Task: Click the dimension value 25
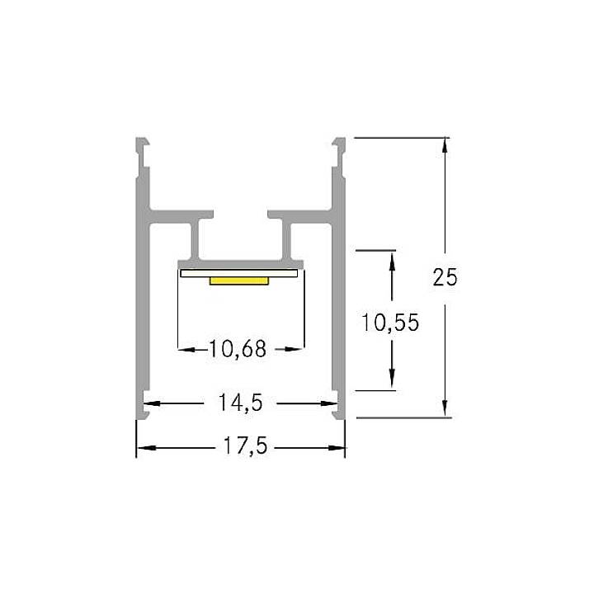point(445,277)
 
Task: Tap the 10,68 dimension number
point(238,349)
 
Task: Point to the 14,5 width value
point(240,403)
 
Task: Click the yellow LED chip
point(239,281)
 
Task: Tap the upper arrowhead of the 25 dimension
point(445,145)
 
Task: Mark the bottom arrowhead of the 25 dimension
point(445,409)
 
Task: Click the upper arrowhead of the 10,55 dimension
point(391,257)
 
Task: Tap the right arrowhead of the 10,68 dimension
point(293,349)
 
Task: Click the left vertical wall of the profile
point(141,313)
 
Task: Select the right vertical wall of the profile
point(339,313)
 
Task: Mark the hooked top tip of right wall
point(338,142)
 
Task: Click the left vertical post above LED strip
point(198,242)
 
